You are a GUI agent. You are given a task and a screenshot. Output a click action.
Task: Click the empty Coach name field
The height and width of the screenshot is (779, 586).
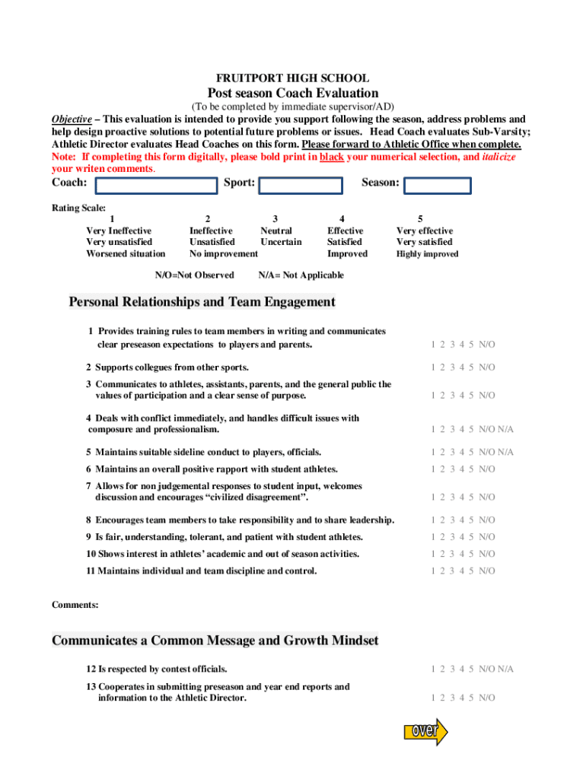pos(156,186)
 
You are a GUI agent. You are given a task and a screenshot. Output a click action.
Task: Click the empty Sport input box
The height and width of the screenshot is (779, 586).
pos(300,186)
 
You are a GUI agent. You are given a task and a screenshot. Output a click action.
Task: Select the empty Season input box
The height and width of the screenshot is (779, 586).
pos(437,186)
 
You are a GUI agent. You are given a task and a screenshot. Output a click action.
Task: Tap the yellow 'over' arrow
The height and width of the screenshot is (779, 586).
pos(425,731)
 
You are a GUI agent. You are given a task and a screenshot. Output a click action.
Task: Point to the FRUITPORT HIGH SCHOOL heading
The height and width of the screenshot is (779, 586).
pos(293,78)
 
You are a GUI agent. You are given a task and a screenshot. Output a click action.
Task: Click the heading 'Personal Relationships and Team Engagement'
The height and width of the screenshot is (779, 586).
pos(202,302)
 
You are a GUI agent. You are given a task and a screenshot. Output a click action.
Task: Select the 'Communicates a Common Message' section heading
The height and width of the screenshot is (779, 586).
pos(215,641)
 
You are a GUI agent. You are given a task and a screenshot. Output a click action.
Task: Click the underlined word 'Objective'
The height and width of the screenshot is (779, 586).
pos(72,119)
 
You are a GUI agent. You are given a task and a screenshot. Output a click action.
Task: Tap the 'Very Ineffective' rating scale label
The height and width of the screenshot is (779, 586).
pos(119,231)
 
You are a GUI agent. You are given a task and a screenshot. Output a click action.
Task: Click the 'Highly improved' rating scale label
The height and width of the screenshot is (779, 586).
pos(427,254)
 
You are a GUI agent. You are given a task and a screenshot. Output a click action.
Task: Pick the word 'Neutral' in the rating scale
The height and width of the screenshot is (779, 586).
pos(275,231)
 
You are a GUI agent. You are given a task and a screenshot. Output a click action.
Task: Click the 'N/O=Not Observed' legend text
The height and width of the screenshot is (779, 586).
pos(194,275)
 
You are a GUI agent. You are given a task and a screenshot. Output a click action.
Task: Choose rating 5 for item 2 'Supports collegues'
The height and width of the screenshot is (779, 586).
pos(471,367)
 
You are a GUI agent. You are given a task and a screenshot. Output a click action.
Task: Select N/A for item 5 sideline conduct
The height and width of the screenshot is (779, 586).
pos(506,452)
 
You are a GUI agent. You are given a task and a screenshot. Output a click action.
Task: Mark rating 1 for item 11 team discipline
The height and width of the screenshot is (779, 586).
pos(432,571)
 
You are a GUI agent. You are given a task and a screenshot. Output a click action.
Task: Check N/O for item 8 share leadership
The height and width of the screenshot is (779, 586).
pos(487,520)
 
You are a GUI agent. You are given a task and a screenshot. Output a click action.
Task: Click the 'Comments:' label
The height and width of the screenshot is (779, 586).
pos(75,605)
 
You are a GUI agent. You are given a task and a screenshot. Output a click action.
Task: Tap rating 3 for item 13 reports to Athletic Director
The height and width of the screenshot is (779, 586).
pos(452,698)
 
